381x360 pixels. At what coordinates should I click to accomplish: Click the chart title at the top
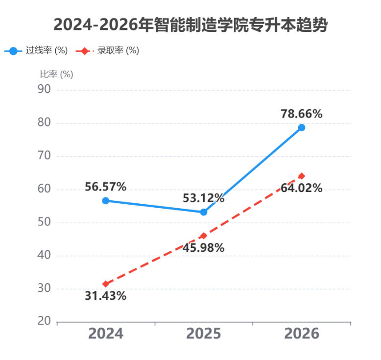pyautogui.click(x=190, y=25)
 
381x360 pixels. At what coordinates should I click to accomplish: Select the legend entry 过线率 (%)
pyautogui.click(x=36, y=50)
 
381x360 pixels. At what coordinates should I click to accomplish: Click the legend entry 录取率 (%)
pyautogui.click(x=107, y=50)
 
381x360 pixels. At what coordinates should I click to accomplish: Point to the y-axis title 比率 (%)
pyautogui.click(x=56, y=74)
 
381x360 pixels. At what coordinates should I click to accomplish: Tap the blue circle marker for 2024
pyautogui.click(x=106, y=201)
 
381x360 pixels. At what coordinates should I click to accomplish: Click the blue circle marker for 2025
pyautogui.click(x=204, y=212)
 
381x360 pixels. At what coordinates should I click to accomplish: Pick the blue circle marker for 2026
pyautogui.click(x=302, y=128)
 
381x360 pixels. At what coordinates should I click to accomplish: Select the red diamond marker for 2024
pyautogui.click(x=106, y=284)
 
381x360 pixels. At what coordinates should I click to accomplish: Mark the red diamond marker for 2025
pyautogui.click(x=204, y=236)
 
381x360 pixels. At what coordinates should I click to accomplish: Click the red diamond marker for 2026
pyautogui.click(x=302, y=176)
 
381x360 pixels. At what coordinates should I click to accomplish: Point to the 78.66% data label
pyautogui.click(x=302, y=114)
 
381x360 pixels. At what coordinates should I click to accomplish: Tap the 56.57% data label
pyautogui.click(x=106, y=187)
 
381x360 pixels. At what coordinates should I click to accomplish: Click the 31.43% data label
pyautogui.click(x=106, y=296)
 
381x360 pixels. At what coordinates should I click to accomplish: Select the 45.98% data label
pyautogui.click(x=204, y=248)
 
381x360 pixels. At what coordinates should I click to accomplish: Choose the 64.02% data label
pyautogui.click(x=302, y=188)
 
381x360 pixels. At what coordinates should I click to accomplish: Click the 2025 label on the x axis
pyautogui.click(x=204, y=333)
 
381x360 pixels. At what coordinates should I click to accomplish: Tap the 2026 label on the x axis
pyautogui.click(x=302, y=333)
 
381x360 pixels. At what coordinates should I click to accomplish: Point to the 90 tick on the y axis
pyautogui.click(x=44, y=89)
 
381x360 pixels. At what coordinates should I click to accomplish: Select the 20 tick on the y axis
pyautogui.click(x=44, y=321)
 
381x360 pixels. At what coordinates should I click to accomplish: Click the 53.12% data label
pyautogui.click(x=204, y=198)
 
